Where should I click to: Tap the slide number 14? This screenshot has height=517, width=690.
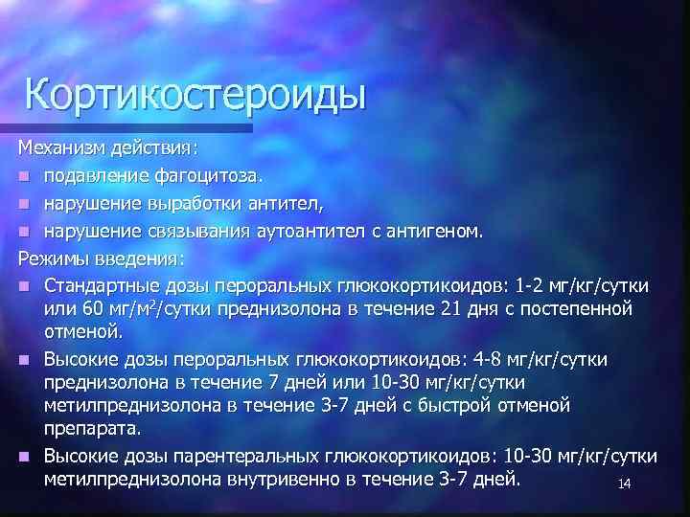[x=624, y=484]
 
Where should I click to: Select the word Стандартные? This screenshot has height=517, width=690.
[x=102, y=285]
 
